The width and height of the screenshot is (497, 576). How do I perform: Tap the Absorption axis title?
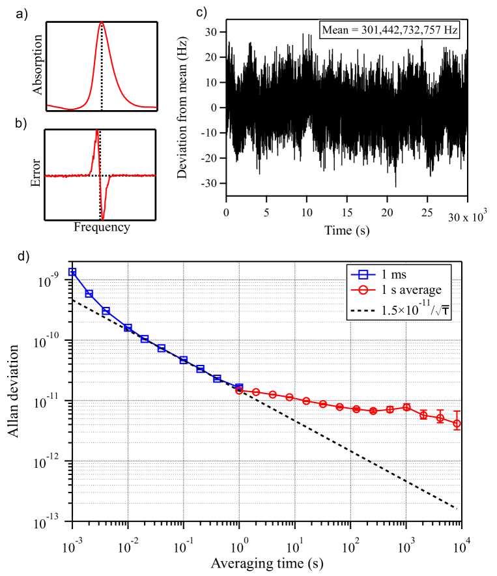37,66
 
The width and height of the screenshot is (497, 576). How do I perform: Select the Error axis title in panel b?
37,174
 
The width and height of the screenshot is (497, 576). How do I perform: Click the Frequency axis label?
102,227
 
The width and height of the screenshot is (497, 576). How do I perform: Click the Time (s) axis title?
346,231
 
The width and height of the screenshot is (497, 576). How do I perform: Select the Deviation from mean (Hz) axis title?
193,108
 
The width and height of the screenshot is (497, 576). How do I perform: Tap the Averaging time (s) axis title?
267,561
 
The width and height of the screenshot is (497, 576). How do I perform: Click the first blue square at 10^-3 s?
72,272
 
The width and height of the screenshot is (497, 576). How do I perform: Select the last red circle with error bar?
457,424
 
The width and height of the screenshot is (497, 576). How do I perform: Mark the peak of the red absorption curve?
102,23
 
